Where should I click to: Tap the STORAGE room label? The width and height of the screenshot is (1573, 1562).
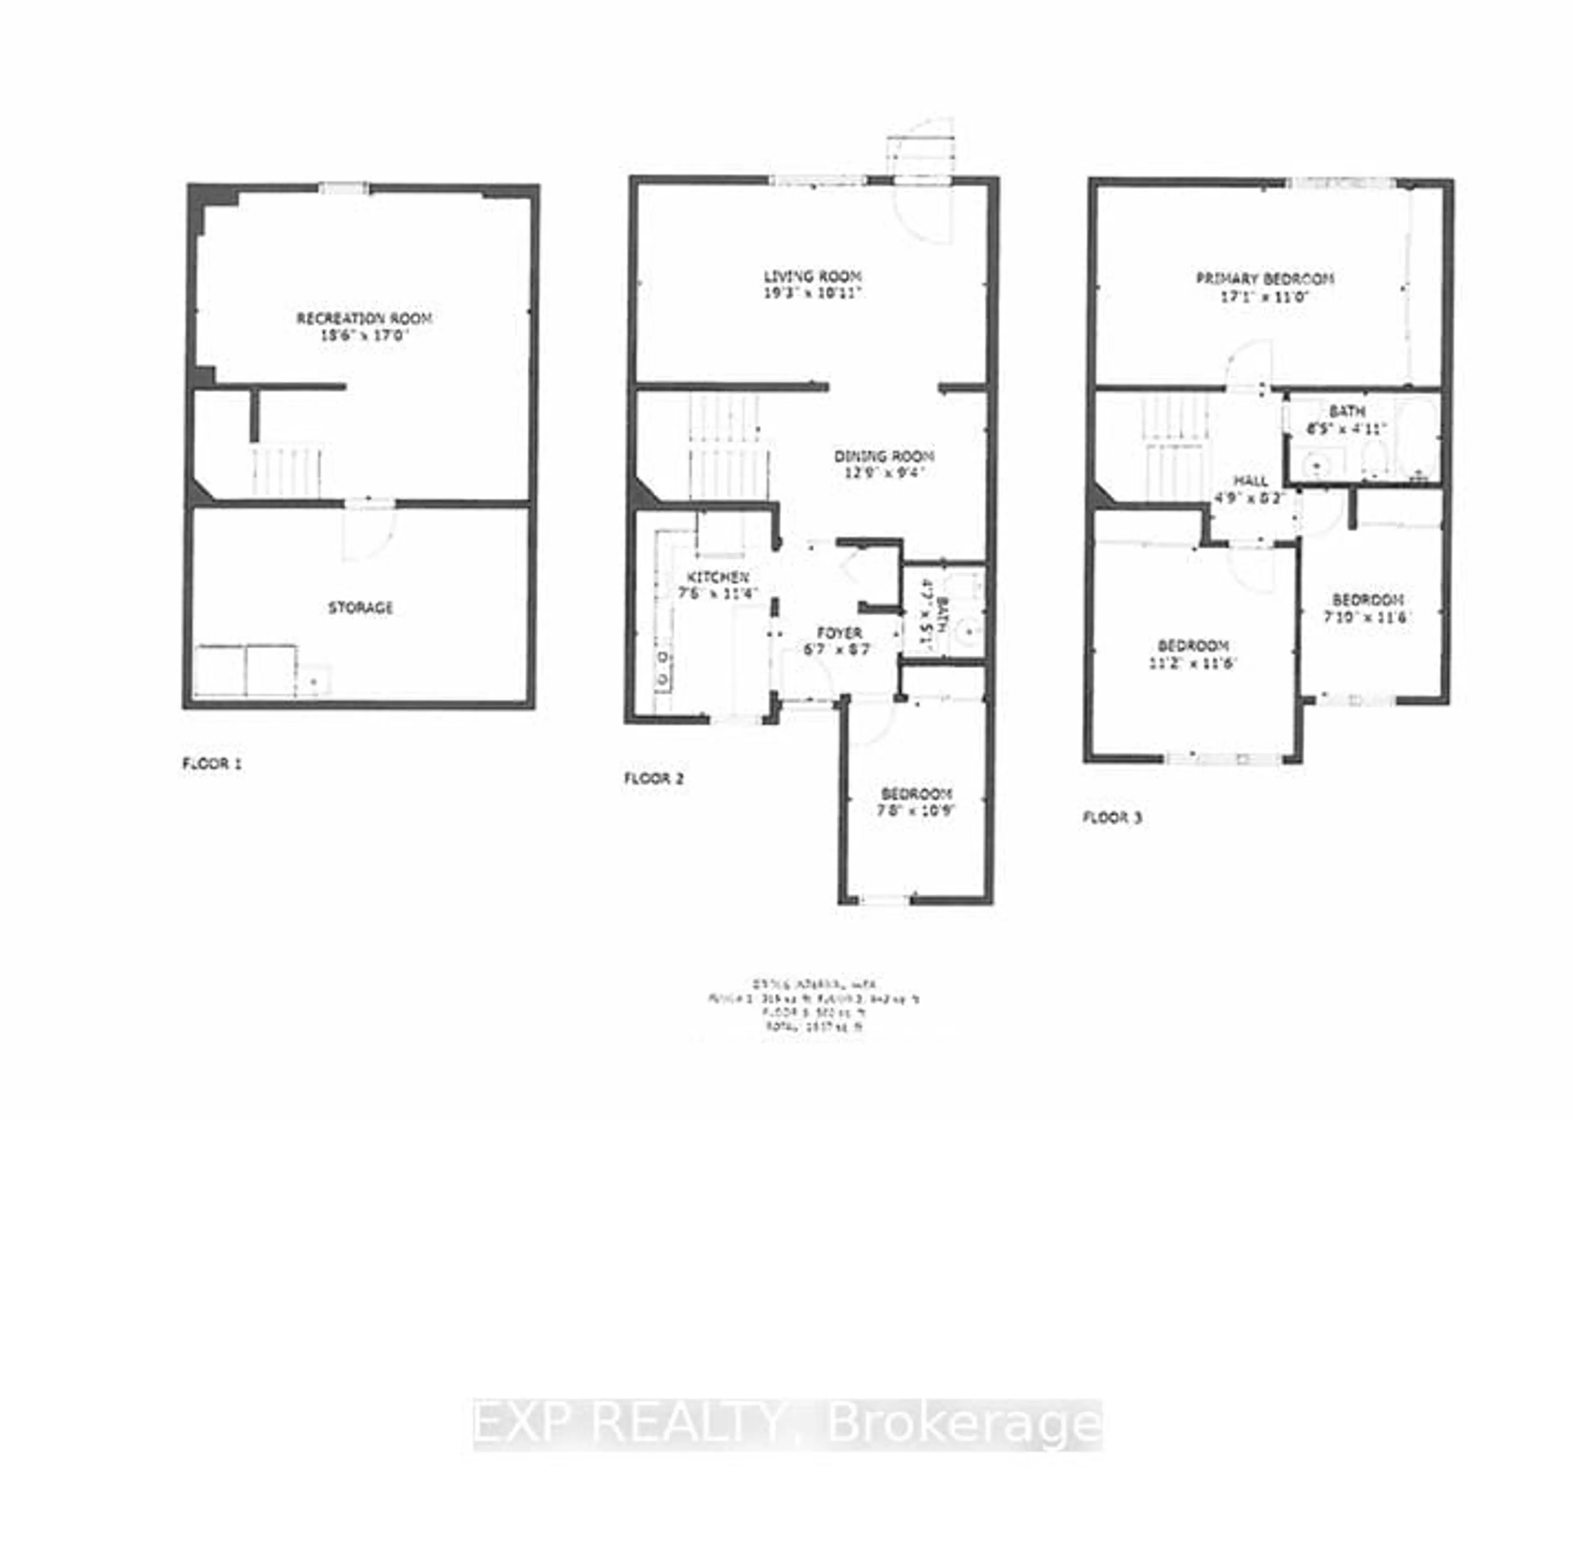point(360,608)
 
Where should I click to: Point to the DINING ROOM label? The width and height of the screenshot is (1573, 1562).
point(884,456)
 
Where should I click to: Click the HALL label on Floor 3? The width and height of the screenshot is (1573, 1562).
point(1250,481)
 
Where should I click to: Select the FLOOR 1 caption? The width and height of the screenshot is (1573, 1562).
point(212,764)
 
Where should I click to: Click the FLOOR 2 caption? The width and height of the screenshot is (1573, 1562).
point(654,779)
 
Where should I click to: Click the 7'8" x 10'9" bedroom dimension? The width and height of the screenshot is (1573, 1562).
point(917,811)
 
